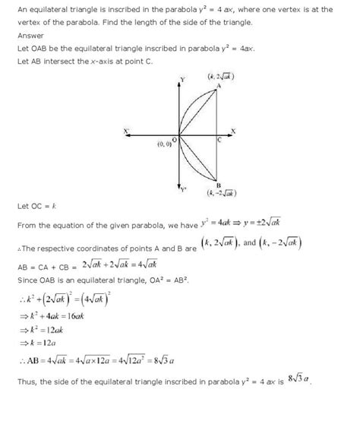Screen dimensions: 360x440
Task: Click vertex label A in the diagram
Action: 219,86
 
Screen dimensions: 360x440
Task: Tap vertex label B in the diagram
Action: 218,185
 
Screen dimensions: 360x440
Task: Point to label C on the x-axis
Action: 219,140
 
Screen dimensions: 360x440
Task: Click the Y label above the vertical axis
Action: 182,80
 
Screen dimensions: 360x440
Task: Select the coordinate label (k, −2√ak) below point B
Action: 220,194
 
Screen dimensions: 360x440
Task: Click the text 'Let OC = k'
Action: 37,205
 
